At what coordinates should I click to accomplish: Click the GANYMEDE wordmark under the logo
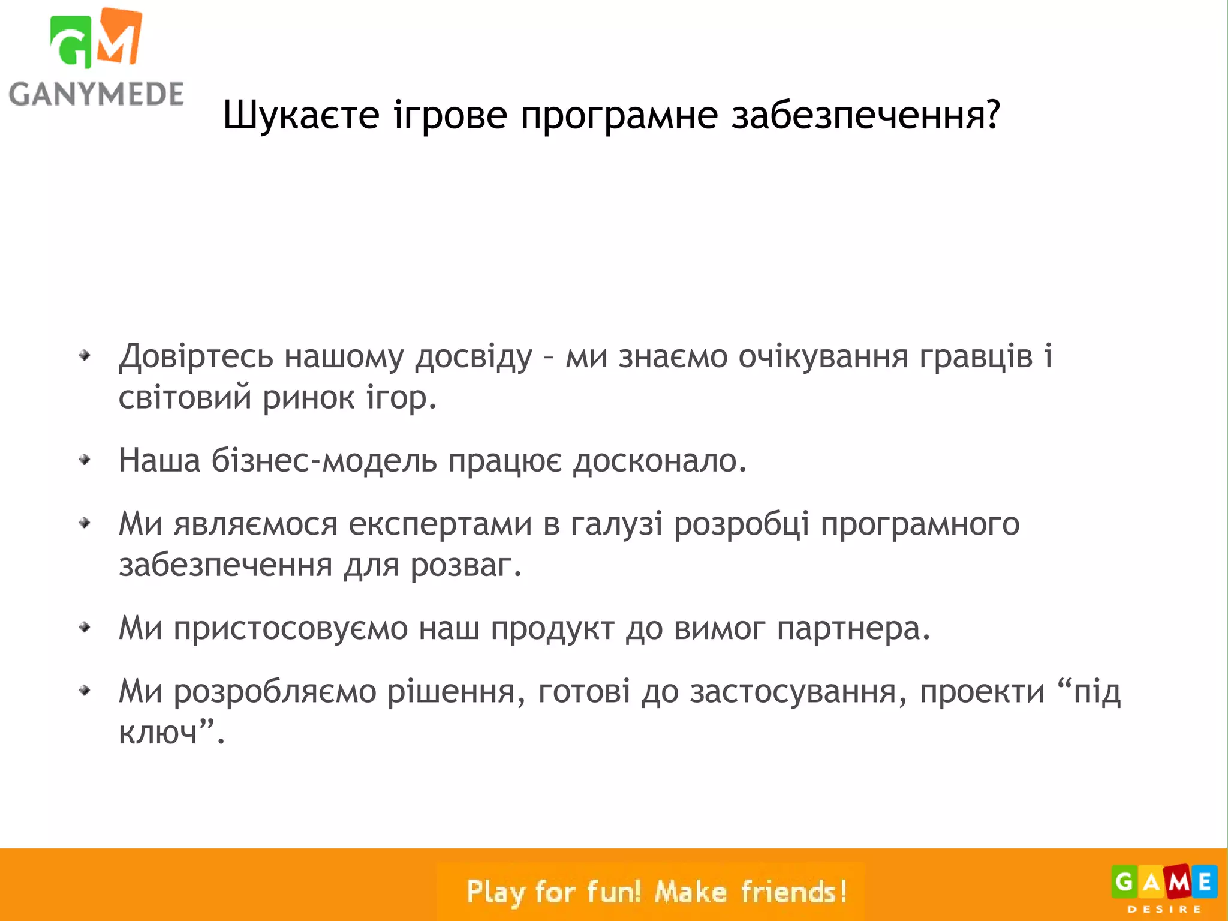[96, 94]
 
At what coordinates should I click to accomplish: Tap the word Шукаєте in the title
[301, 115]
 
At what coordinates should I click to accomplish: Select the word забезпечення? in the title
[866, 115]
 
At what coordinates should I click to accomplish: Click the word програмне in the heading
[619, 115]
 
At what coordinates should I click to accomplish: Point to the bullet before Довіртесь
[85, 356]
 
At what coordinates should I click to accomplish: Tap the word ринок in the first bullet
[308, 397]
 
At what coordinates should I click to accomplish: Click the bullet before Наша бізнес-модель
[85, 460]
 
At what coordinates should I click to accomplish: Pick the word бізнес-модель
[324, 461]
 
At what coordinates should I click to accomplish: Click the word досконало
[660, 461]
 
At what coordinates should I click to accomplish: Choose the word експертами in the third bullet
[440, 524]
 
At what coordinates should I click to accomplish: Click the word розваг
[466, 565]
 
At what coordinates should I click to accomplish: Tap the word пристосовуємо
[290, 629]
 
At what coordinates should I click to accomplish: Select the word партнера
[853, 629]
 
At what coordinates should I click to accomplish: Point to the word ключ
[158, 733]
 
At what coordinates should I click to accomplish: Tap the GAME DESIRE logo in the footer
[1164, 886]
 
